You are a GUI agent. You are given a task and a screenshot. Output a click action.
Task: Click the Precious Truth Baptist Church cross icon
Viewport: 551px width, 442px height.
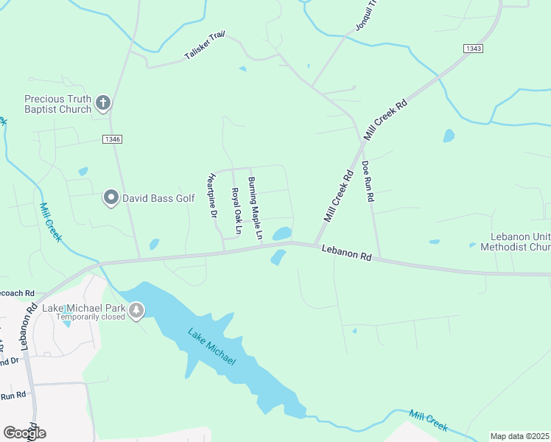click(104, 103)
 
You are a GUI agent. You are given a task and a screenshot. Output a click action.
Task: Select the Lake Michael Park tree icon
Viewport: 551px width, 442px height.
click(136, 312)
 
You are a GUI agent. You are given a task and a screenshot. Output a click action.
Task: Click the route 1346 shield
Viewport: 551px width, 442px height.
click(112, 138)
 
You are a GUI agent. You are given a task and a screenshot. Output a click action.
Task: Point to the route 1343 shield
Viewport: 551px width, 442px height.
click(473, 48)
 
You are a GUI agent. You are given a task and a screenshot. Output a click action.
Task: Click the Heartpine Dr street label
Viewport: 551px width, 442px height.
click(212, 195)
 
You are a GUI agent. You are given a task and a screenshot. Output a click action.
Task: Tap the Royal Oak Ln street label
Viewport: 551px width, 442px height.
click(236, 211)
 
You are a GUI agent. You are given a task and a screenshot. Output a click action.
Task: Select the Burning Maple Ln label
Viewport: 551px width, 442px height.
click(255, 209)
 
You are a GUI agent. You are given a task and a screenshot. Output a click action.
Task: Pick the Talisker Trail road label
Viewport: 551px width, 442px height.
click(205, 47)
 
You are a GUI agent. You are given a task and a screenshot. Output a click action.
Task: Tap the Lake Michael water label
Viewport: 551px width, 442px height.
click(211, 348)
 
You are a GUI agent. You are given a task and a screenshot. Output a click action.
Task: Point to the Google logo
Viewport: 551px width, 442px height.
click(24, 432)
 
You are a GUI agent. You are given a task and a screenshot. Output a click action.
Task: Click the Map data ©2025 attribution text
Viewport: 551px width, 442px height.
click(520, 436)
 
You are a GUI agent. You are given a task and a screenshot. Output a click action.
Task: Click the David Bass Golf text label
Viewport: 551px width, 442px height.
click(158, 198)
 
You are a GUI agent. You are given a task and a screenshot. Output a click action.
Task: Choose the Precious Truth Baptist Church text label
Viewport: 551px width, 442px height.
click(57, 104)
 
